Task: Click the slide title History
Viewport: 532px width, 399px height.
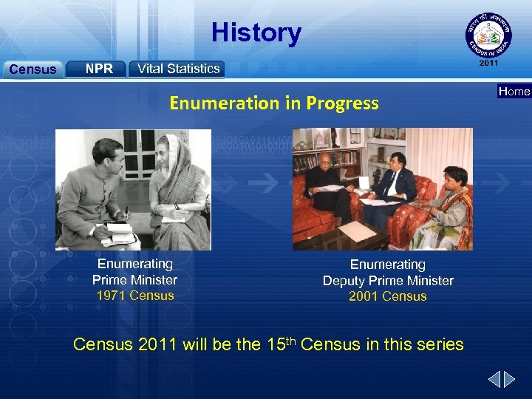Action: click(x=256, y=33)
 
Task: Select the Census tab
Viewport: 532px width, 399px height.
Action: click(x=32, y=69)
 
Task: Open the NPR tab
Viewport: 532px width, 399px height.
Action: click(x=99, y=69)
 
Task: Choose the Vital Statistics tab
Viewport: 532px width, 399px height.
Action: click(x=178, y=69)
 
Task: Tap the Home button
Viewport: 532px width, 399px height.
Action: click(x=514, y=92)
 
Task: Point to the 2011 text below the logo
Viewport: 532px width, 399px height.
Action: click(x=488, y=64)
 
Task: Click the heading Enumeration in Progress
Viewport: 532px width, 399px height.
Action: click(x=273, y=103)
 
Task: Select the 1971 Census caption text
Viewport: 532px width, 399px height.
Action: click(x=135, y=296)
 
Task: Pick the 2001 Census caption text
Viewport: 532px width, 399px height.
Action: click(x=388, y=296)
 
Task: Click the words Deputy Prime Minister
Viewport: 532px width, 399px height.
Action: click(x=388, y=281)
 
